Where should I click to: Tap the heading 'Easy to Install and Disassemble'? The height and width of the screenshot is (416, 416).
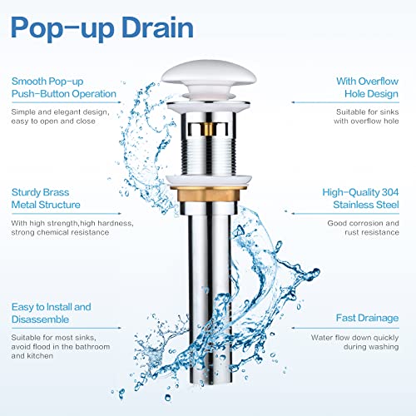(52, 314)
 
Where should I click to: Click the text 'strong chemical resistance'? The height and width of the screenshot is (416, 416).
(58, 232)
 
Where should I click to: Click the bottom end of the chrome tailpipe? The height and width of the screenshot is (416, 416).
(208, 383)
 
